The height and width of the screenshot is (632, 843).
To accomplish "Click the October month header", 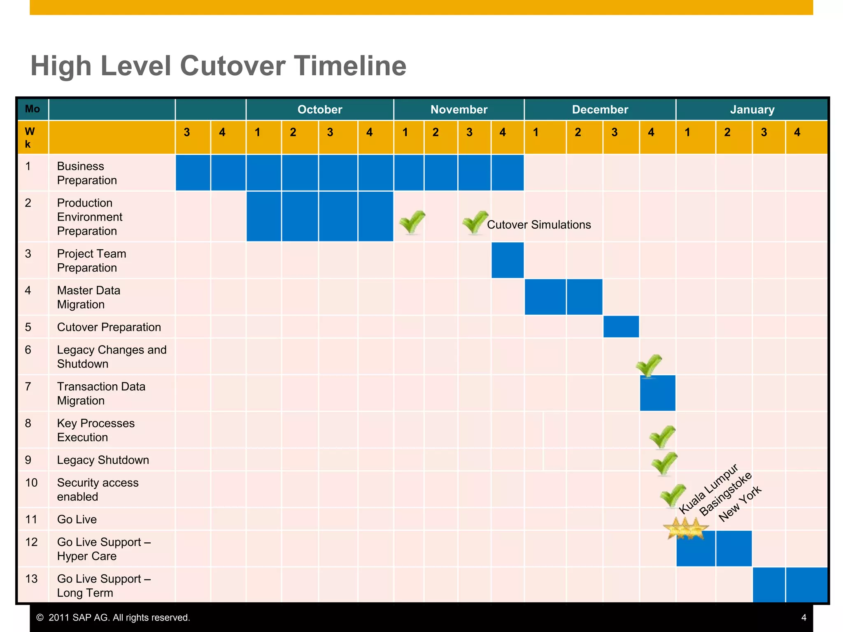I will (x=320, y=109).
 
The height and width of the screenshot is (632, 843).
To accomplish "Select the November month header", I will (x=459, y=109).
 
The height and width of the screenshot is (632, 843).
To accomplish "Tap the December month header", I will (x=600, y=109).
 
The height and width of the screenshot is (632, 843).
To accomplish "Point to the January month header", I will (x=752, y=109).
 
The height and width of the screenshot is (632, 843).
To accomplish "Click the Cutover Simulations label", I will (x=539, y=225).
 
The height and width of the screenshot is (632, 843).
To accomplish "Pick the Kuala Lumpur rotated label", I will (x=709, y=489).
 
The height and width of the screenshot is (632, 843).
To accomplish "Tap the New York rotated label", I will (x=740, y=504).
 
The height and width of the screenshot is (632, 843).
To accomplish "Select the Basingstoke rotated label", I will (x=726, y=494).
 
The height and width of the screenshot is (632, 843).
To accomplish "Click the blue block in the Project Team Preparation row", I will (x=508, y=260).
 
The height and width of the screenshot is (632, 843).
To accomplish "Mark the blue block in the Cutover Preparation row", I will (x=621, y=327).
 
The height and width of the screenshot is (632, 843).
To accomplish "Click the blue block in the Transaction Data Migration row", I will (x=657, y=393).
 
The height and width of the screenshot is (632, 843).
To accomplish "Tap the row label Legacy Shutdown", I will (x=103, y=460).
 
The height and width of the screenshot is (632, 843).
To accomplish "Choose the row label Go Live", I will (x=77, y=519).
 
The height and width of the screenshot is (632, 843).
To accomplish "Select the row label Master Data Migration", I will (x=88, y=297).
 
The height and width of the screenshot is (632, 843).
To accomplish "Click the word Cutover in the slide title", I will (x=233, y=66).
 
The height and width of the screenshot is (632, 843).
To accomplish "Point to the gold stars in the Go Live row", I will (x=685, y=528).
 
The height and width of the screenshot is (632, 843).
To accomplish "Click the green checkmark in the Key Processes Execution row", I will (x=662, y=437).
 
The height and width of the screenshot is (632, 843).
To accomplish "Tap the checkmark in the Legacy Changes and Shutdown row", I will (x=649, y=365).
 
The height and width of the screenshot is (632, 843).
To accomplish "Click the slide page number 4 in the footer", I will (x=803, y=618).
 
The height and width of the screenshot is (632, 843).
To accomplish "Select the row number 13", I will (x=31, y=579).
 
